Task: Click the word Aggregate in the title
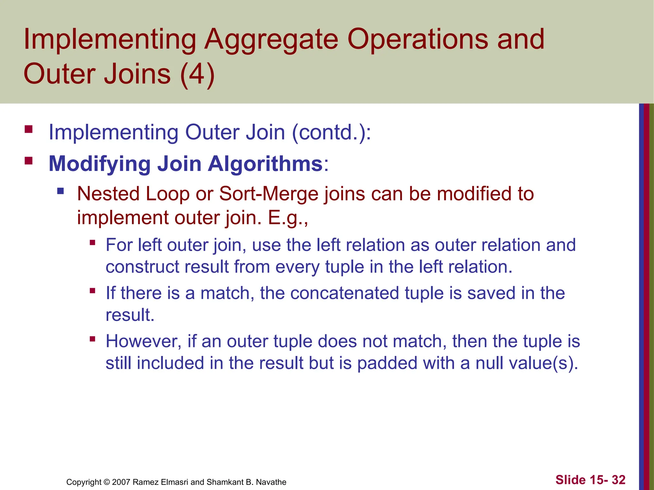click(271, 40)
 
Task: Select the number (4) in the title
click(197, 74)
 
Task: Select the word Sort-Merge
click(269, 194)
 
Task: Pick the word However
click(144, 341)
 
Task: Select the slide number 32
click(618, 480)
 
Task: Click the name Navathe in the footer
click(271, 482)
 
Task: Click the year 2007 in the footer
click(121, 482)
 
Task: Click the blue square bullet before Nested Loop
click(60, 191)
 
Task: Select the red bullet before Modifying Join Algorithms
click(29, 160)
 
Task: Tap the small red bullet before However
click(93, 339)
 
